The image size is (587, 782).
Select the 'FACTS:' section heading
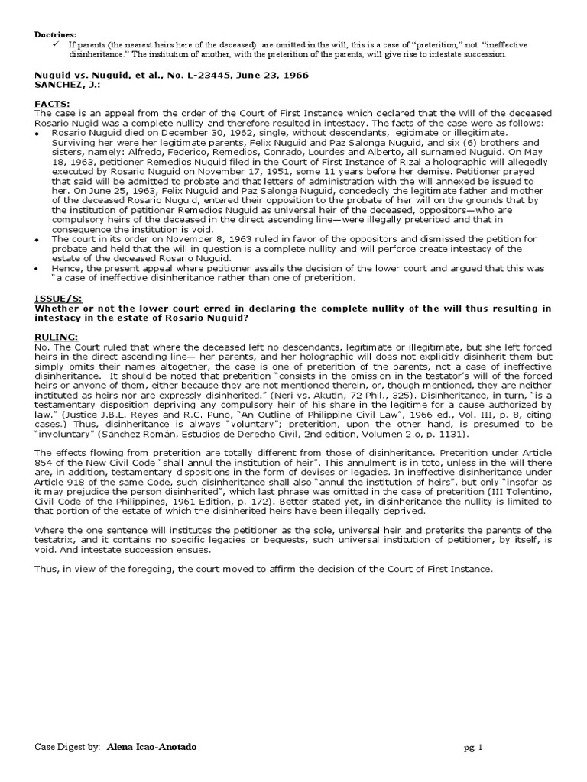[x=52, y=103]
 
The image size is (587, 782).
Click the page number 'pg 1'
[x=475, y=748]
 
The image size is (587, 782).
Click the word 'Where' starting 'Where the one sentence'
[x=50, y=530]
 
